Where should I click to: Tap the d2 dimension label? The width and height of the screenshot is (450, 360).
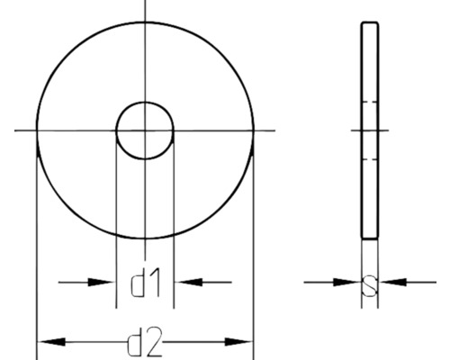(145, 343)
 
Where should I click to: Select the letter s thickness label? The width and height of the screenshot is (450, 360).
(369, 285)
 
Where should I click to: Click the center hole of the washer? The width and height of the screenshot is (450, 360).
(145, 130)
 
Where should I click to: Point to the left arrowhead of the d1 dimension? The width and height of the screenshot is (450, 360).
(104, 283)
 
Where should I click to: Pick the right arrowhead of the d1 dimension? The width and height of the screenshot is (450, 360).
(185, 283)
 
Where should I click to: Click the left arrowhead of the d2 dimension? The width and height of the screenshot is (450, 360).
(49, 343)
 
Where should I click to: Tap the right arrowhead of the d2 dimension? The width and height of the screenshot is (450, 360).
(241, 343)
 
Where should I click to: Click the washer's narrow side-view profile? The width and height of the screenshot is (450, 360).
(370, 180)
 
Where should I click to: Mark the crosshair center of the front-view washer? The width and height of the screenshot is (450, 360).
(145, 131)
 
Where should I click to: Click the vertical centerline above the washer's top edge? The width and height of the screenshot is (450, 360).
(145, 11)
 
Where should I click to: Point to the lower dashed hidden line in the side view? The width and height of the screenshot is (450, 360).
(370, 160)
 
